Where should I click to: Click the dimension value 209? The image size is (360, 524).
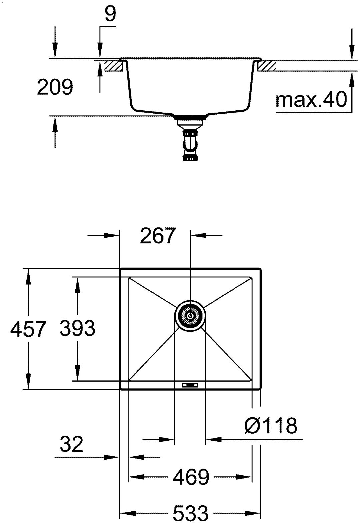[x=55, y=88]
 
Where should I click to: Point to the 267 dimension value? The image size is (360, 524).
[x=157, y=236]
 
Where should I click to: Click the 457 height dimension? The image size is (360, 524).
[x=27, y=329]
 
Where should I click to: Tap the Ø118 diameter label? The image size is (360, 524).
[x=271, y=425]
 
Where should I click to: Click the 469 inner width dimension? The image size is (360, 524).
[x=191, y=477]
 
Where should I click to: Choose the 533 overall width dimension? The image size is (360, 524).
[x=191, y=513]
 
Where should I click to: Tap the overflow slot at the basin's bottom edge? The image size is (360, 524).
[x=190, y=385]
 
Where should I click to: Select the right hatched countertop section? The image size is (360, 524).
[x=267, y=66]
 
